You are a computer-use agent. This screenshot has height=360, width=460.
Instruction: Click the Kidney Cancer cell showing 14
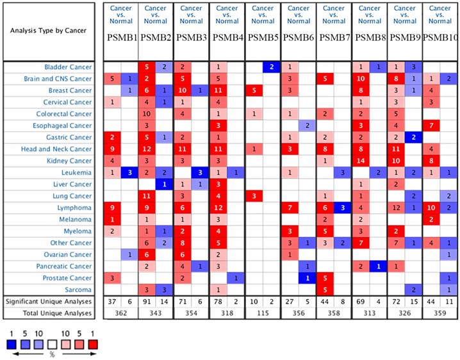point(360,161)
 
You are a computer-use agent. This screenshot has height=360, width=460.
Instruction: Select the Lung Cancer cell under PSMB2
point(147,196)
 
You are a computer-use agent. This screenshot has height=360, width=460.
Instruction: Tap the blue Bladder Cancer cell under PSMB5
point(271,67)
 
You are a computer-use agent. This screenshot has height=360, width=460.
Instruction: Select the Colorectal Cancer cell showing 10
point(147,114)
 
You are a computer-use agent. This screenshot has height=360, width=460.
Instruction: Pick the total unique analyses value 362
point(120,313)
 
